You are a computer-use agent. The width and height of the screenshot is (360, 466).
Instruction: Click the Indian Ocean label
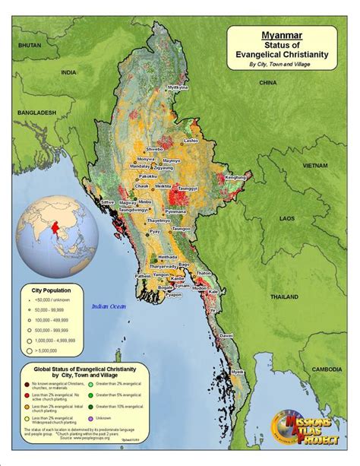coord(108,306)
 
